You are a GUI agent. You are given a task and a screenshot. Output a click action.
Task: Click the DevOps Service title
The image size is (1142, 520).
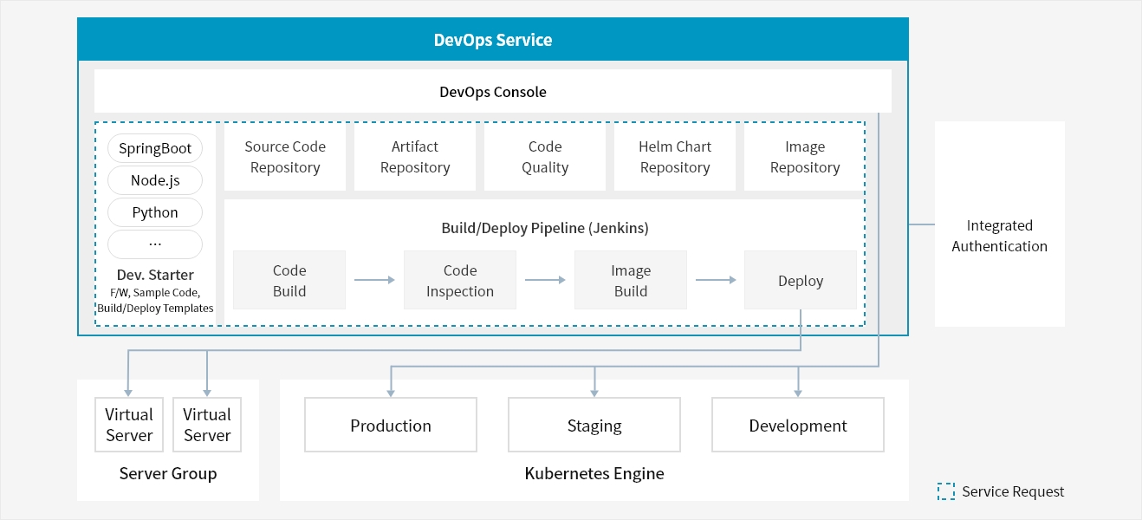[492, 40]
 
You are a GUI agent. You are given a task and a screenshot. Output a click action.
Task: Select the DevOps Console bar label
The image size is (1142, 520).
[492, 92]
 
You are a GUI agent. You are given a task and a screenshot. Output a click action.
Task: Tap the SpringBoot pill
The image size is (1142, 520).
[155, 148]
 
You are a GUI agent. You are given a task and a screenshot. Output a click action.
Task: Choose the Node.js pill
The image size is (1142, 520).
[155, 180]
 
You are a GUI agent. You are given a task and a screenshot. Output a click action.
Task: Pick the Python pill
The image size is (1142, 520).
[155, 212]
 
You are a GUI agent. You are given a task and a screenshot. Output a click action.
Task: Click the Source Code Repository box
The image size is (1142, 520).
[285, 157]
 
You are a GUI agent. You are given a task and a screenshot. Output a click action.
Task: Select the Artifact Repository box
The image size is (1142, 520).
[415, 157]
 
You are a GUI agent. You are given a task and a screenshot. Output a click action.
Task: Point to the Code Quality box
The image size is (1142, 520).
[545, 157]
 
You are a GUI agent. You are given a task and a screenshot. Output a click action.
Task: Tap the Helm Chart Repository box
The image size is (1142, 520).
[675, 157]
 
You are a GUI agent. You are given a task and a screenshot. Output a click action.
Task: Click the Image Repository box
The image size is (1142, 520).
[804, 157]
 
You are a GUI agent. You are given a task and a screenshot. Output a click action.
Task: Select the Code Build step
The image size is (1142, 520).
[289, 280]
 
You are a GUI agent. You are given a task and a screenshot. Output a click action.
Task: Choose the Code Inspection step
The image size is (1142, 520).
[460, 280]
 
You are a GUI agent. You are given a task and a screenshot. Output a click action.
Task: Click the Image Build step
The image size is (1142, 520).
[631, 280]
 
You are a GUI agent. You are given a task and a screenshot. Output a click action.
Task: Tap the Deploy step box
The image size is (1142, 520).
[801, 280]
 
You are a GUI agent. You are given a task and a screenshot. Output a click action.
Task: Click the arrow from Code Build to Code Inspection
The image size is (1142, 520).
[374, 280]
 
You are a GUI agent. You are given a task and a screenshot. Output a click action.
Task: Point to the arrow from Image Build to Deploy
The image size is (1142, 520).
[716, 280]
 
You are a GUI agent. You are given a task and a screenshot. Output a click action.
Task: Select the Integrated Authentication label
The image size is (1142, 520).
[999, 236]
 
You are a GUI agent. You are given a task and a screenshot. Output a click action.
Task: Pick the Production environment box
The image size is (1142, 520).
[391, 425]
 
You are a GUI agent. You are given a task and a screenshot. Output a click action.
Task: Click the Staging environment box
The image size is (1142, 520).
[594, 425]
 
